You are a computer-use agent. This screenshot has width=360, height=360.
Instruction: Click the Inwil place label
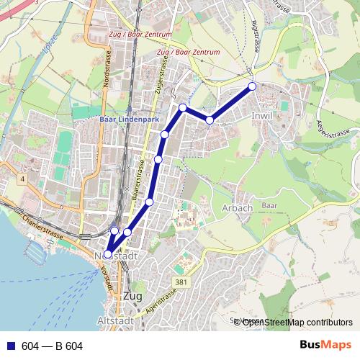262,115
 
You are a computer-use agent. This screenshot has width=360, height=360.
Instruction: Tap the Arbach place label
238,208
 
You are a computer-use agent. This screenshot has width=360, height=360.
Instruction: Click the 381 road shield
181,282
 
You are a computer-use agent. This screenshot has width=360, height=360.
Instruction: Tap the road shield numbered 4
23,178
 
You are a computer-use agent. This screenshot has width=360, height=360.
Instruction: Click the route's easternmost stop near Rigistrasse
252,86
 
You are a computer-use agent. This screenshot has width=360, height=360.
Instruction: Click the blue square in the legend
10,346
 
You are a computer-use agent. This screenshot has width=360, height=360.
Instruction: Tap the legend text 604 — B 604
52,346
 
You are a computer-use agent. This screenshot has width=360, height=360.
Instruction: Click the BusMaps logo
325,346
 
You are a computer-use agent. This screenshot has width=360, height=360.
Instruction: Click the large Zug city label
133,297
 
